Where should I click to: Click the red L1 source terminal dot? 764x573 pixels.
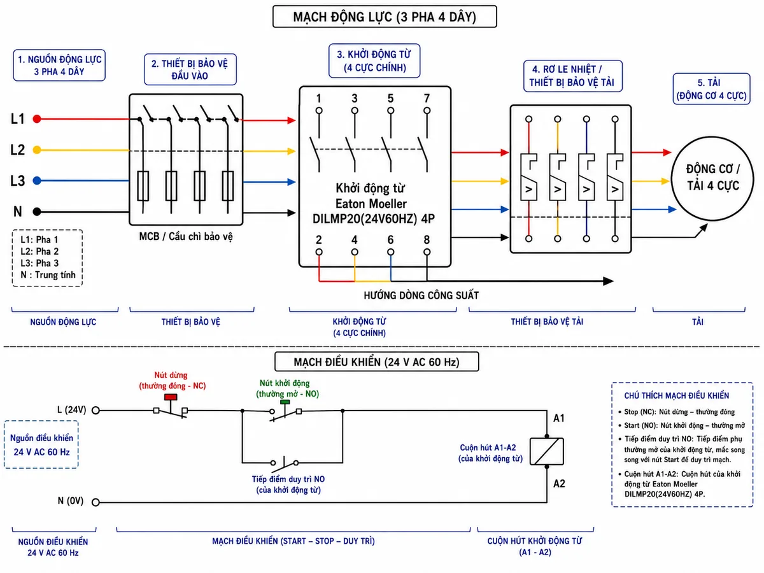(x=37, y=119)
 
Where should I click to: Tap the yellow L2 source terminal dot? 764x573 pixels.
(x=37, y=150)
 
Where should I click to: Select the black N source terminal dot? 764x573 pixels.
(x=37, y=211)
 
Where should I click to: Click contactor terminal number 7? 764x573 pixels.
(x=427, y=99)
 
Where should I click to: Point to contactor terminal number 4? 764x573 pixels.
(x=355, y=240)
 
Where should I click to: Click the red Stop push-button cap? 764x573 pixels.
(x=171, y=397)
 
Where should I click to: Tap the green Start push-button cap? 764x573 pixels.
(x=285, y=402)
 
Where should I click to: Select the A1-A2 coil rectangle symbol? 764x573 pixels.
(x=546, y=451)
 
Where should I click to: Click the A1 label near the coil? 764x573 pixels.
(x=559, y=418)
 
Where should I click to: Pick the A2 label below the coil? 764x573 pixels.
(x=559, y=484)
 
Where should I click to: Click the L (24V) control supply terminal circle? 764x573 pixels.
(x=95, y=411)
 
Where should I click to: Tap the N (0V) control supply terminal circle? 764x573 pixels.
(x=95, y=502)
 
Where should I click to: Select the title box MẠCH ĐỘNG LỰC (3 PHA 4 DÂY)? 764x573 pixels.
(x=385, y=6)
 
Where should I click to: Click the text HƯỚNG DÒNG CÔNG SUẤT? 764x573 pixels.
(x=421, y=295)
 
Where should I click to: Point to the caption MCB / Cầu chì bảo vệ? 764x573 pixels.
(x=186, y=237)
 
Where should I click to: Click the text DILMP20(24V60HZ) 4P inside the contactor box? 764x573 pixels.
(x=374, y=219)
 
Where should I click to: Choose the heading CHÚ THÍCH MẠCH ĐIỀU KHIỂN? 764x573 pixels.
(x=676, y=395)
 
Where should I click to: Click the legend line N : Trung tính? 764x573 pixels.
(x=48, y=275)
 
